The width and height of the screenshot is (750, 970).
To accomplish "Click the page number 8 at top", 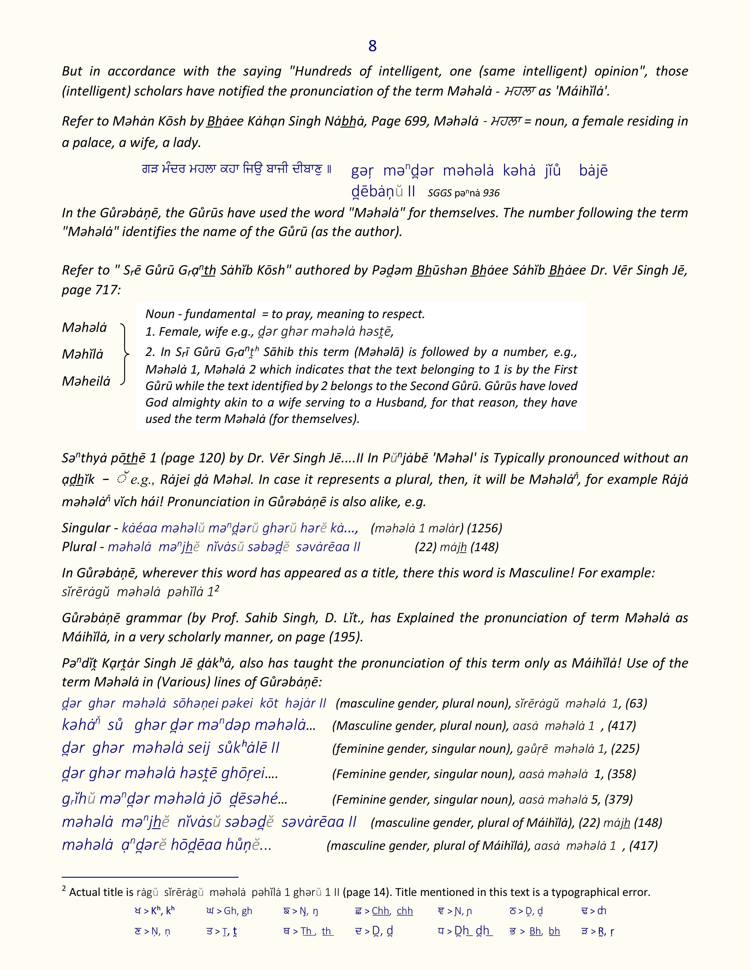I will [372, 46].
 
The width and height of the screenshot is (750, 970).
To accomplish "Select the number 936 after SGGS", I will [491, 193].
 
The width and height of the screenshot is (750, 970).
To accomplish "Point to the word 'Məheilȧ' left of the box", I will [86, 381].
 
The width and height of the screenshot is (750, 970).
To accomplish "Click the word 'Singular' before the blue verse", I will [86, 528].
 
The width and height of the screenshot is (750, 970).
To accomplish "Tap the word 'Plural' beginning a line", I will [79, 547].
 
